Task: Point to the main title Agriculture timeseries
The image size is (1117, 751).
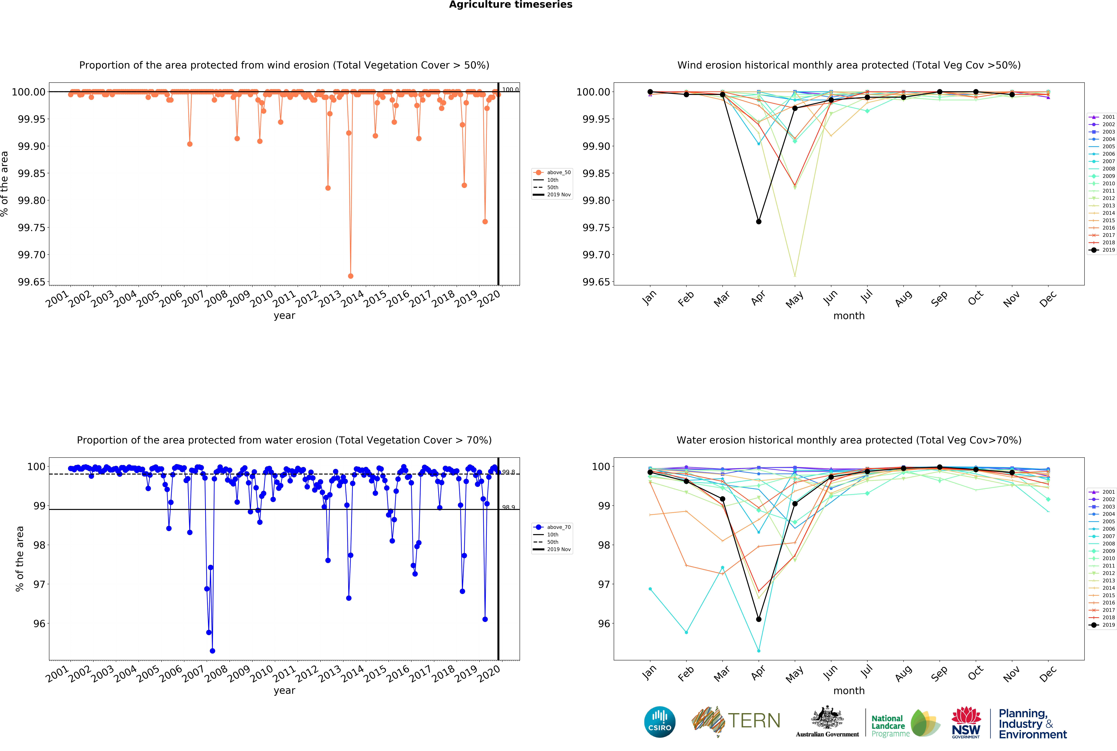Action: tap(510, 5)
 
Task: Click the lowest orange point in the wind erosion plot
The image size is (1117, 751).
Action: tap(351, 276)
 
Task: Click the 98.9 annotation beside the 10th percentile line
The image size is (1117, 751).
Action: tap(508, 507)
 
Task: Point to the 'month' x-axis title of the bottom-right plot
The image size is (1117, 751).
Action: tap(849, 691)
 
